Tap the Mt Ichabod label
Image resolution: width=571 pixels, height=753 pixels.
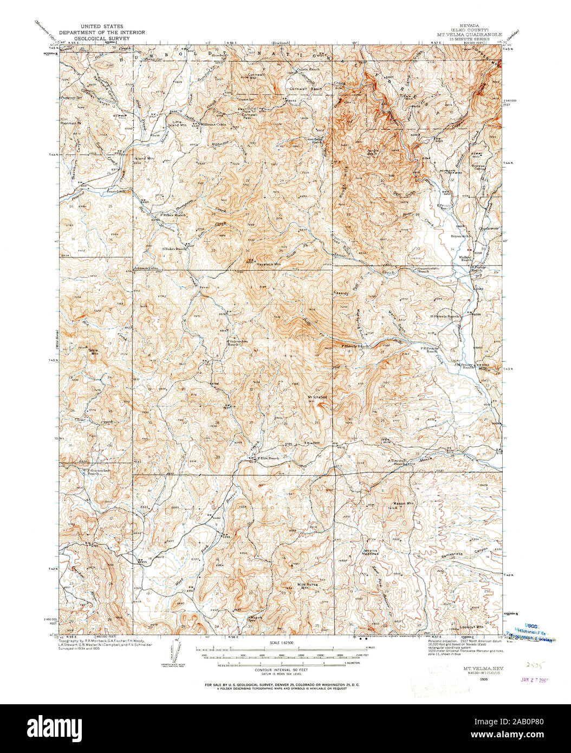(x=318, y=397)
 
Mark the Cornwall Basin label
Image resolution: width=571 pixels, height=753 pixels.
(x=301, y=89)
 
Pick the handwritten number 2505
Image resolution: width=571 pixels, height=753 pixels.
(x=533, y=663)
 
